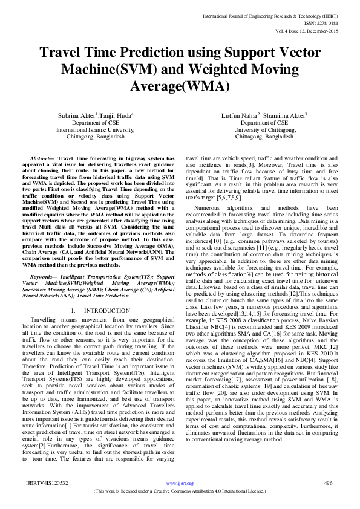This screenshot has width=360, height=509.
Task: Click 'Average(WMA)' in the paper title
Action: [x=179, y=86]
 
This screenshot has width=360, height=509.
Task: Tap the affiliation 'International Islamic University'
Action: [x=90, y=129]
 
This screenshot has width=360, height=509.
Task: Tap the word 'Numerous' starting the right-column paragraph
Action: [x=208, y=208]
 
